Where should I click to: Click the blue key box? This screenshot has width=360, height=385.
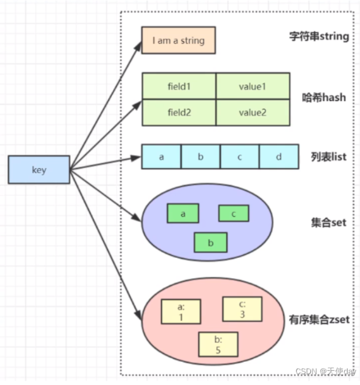[x=39, y=170]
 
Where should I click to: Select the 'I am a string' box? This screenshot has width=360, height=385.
[x=178, y=41]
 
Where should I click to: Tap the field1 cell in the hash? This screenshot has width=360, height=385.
[x=179, y=86]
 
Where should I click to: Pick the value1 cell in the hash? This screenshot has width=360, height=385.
[x=253, y=86]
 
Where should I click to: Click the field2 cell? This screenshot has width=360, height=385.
[x=179, y=112]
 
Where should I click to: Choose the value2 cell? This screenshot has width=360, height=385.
[x=253, y=112]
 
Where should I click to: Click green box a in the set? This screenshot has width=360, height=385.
[x=183, y=213]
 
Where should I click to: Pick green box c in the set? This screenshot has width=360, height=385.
[x=234, y=213]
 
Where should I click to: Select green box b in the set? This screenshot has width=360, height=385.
[x=211, y=242]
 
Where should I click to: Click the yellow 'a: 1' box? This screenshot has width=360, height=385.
[x=181, y=312]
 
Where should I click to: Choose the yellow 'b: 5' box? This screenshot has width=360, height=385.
[x=218, y=344]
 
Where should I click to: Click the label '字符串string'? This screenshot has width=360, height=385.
[x=319, y=37]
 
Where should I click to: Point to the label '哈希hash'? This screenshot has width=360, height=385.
[x=324, y=97]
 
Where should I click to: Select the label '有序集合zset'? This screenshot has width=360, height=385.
[x=319, y=320]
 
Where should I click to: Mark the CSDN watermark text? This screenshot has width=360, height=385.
[x=325, y=371]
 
